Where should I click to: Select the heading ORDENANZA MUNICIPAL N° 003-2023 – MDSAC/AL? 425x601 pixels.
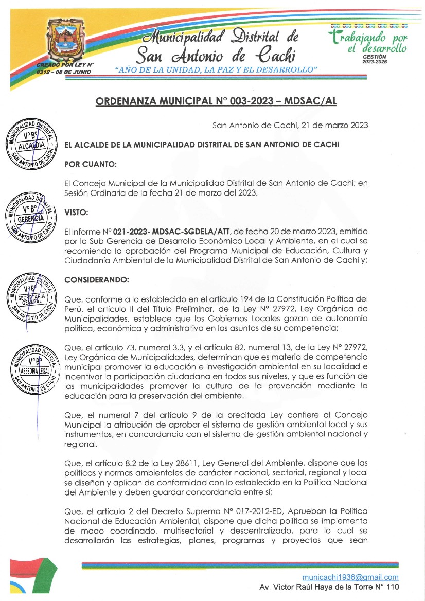216,101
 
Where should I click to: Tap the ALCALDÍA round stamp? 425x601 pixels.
29,146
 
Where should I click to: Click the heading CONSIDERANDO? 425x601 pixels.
97,280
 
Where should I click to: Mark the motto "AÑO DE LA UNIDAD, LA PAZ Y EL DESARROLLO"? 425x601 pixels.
217,69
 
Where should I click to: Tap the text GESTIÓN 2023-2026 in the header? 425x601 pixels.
375,59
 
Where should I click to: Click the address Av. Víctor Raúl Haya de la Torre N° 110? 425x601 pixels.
329,587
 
